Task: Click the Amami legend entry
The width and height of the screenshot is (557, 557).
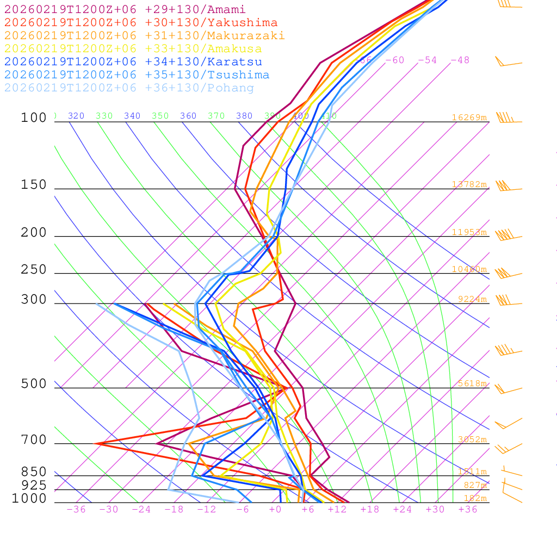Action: (x=125, y=10)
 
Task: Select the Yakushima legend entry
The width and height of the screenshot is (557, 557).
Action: (x=141, y=23)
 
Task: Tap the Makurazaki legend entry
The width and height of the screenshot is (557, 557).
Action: (x=145, y=36)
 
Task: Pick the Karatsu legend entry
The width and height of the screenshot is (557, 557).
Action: (x=133, y=62)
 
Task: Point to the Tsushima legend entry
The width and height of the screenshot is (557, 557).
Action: (x=137, y=75)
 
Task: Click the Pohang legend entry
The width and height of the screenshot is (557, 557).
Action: (x=129, y=88)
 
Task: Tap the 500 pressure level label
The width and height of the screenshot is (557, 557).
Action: (x=34, y=384)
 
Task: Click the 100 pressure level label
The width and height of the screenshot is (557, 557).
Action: (x=34, y=118)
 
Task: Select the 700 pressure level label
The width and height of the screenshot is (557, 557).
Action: (x=34, y=440)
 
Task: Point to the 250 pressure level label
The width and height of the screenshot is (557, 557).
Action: (x=34, y=270)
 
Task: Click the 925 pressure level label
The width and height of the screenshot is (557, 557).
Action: (x=34, y=485)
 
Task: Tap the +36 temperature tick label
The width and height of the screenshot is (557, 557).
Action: (x=468, y=509)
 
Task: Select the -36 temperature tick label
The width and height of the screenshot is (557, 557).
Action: (x=76, y=509)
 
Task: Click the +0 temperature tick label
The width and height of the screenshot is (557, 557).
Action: (x=275, y=509)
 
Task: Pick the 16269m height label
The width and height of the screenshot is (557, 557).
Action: (x=469, y=117)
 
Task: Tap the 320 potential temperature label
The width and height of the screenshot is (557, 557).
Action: (x=76, y=116)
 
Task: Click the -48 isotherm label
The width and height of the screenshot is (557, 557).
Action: (x=460, y=60)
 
